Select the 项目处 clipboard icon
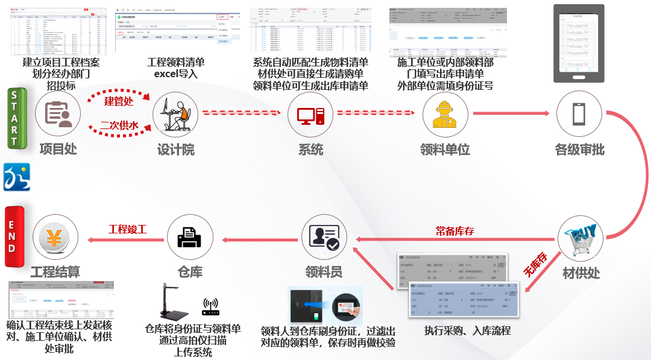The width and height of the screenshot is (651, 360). [x=58, y=115]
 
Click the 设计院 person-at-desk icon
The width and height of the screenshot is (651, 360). [x=176, y=115]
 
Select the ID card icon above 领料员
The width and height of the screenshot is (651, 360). [x=325, y=237]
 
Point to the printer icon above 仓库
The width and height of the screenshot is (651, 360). [x=190, y=237]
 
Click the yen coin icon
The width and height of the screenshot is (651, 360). [x=55, y=238]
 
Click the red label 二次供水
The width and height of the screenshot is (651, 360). [x=119, y=125]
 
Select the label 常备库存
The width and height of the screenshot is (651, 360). [x=454, y=230]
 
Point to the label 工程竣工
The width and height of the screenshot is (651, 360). [x=128, y=230]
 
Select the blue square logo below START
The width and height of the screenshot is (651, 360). [x=16, y=177]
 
